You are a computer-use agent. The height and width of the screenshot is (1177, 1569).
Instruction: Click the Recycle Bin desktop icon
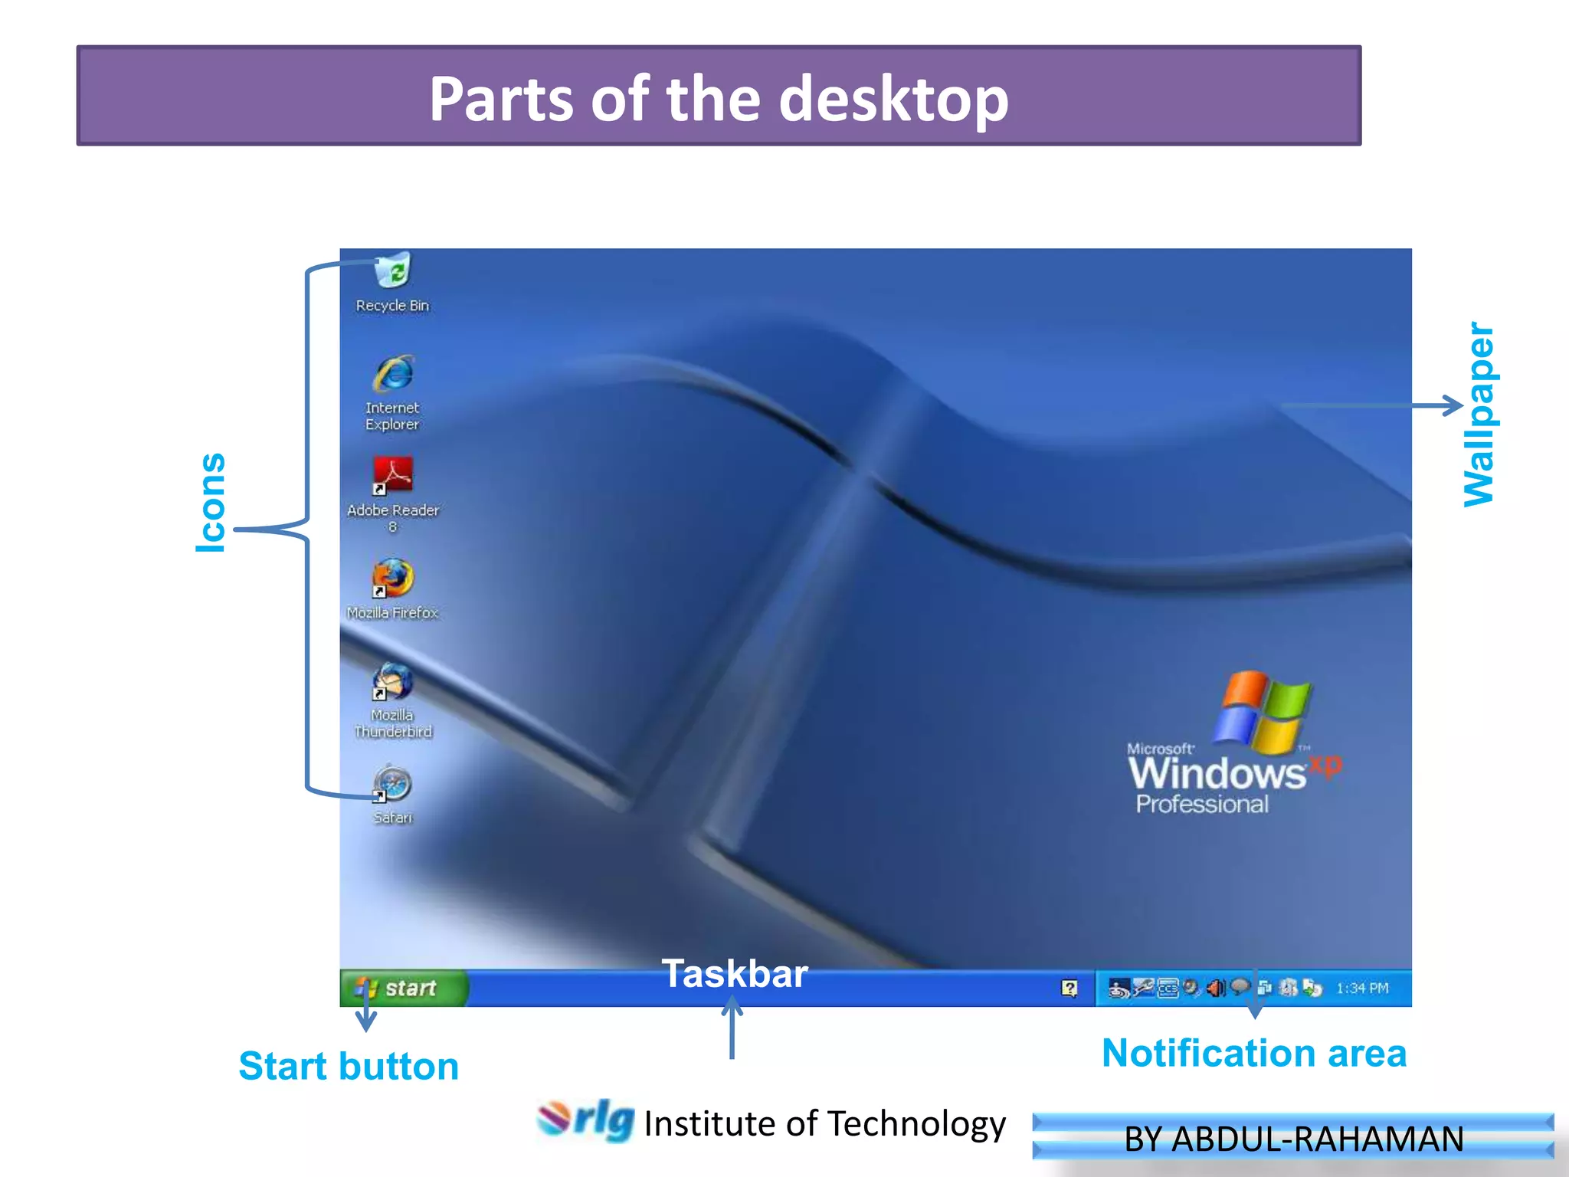click(393, 271)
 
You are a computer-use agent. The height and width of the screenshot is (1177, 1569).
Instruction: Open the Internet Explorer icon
click(393, 375)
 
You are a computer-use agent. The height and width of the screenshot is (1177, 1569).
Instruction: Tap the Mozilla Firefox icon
click(393, 579)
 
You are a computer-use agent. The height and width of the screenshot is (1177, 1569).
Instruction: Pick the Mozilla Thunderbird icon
click(393, 681)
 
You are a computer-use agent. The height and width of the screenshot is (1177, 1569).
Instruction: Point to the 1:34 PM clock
click(1362, 988)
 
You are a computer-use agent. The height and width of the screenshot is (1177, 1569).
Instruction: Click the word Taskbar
click(734, 974)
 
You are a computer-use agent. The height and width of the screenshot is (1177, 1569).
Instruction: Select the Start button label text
click(349, 1066)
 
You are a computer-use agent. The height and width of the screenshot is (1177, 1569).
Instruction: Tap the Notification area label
click(1254, 1053)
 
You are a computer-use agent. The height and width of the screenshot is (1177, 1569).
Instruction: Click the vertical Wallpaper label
click(1479, 415)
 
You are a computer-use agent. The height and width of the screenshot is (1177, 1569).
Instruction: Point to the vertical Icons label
click(211, 503)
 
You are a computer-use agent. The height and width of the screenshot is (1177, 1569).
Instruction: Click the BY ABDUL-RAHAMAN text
click(1293, 1139)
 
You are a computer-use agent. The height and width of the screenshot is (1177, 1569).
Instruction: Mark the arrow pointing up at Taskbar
click(732, 1027)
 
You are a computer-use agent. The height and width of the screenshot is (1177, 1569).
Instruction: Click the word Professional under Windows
click(1202, 804)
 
